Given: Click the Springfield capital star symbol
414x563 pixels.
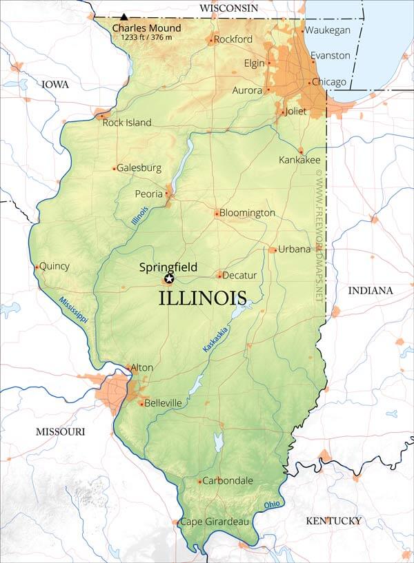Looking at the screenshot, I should [169, 279].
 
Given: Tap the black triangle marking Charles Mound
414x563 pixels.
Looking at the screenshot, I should [124, 17].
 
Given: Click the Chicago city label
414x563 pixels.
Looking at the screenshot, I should [329, 82].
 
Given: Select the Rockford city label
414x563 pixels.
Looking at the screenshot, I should [233, 39].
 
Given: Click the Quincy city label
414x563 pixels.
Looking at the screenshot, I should [55, 266].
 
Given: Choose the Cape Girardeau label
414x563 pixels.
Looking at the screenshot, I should [213, 522].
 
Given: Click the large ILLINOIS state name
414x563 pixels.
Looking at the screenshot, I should [202, 299].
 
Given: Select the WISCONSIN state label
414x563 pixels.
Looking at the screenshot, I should [228, 8].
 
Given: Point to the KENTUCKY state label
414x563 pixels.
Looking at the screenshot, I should [333, 520].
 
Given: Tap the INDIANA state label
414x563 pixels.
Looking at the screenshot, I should [370, 290].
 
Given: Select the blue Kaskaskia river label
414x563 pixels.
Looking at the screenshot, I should [216, 339].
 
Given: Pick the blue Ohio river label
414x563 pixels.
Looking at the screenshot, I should [274, 505].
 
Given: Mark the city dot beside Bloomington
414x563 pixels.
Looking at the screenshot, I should [217, 214].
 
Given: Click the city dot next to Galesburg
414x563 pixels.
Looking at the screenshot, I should [115, 168].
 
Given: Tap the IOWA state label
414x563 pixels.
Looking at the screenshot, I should [55, 84].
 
